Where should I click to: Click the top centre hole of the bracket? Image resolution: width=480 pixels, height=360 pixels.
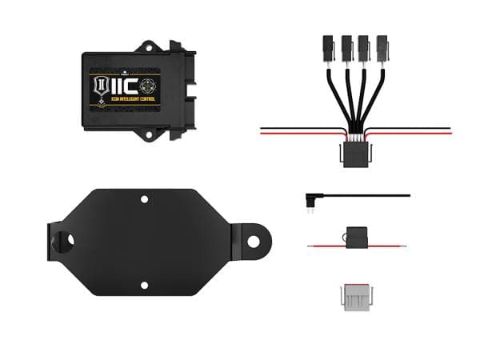tap(144, 198)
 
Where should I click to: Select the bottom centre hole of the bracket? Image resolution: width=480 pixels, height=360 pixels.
tap(144, 284)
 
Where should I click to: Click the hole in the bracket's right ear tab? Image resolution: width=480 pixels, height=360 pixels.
tap(253, 240)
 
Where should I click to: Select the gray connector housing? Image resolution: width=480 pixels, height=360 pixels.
tap(355, 295)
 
